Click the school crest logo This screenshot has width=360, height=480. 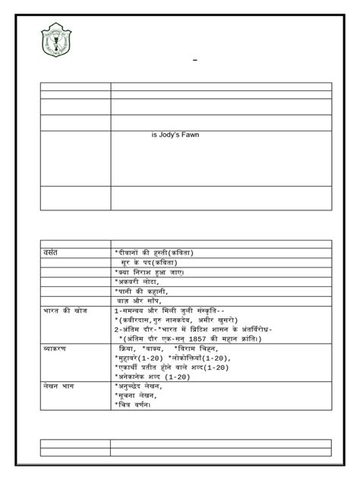tap(57, 43)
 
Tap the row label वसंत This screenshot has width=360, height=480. tap(52, 251)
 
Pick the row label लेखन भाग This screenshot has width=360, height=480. tap(58, 386)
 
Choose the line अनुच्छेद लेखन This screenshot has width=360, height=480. tap(141, 386)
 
